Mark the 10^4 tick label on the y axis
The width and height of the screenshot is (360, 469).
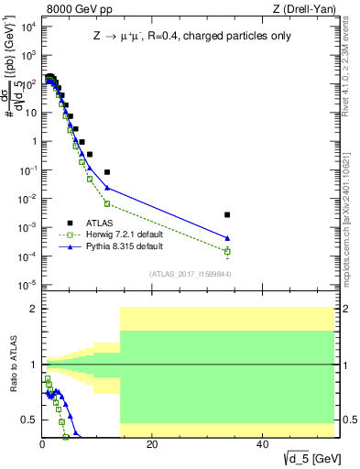click(x=27, y=27)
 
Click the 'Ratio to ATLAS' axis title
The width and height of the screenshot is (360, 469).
click(x=11, y=365)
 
